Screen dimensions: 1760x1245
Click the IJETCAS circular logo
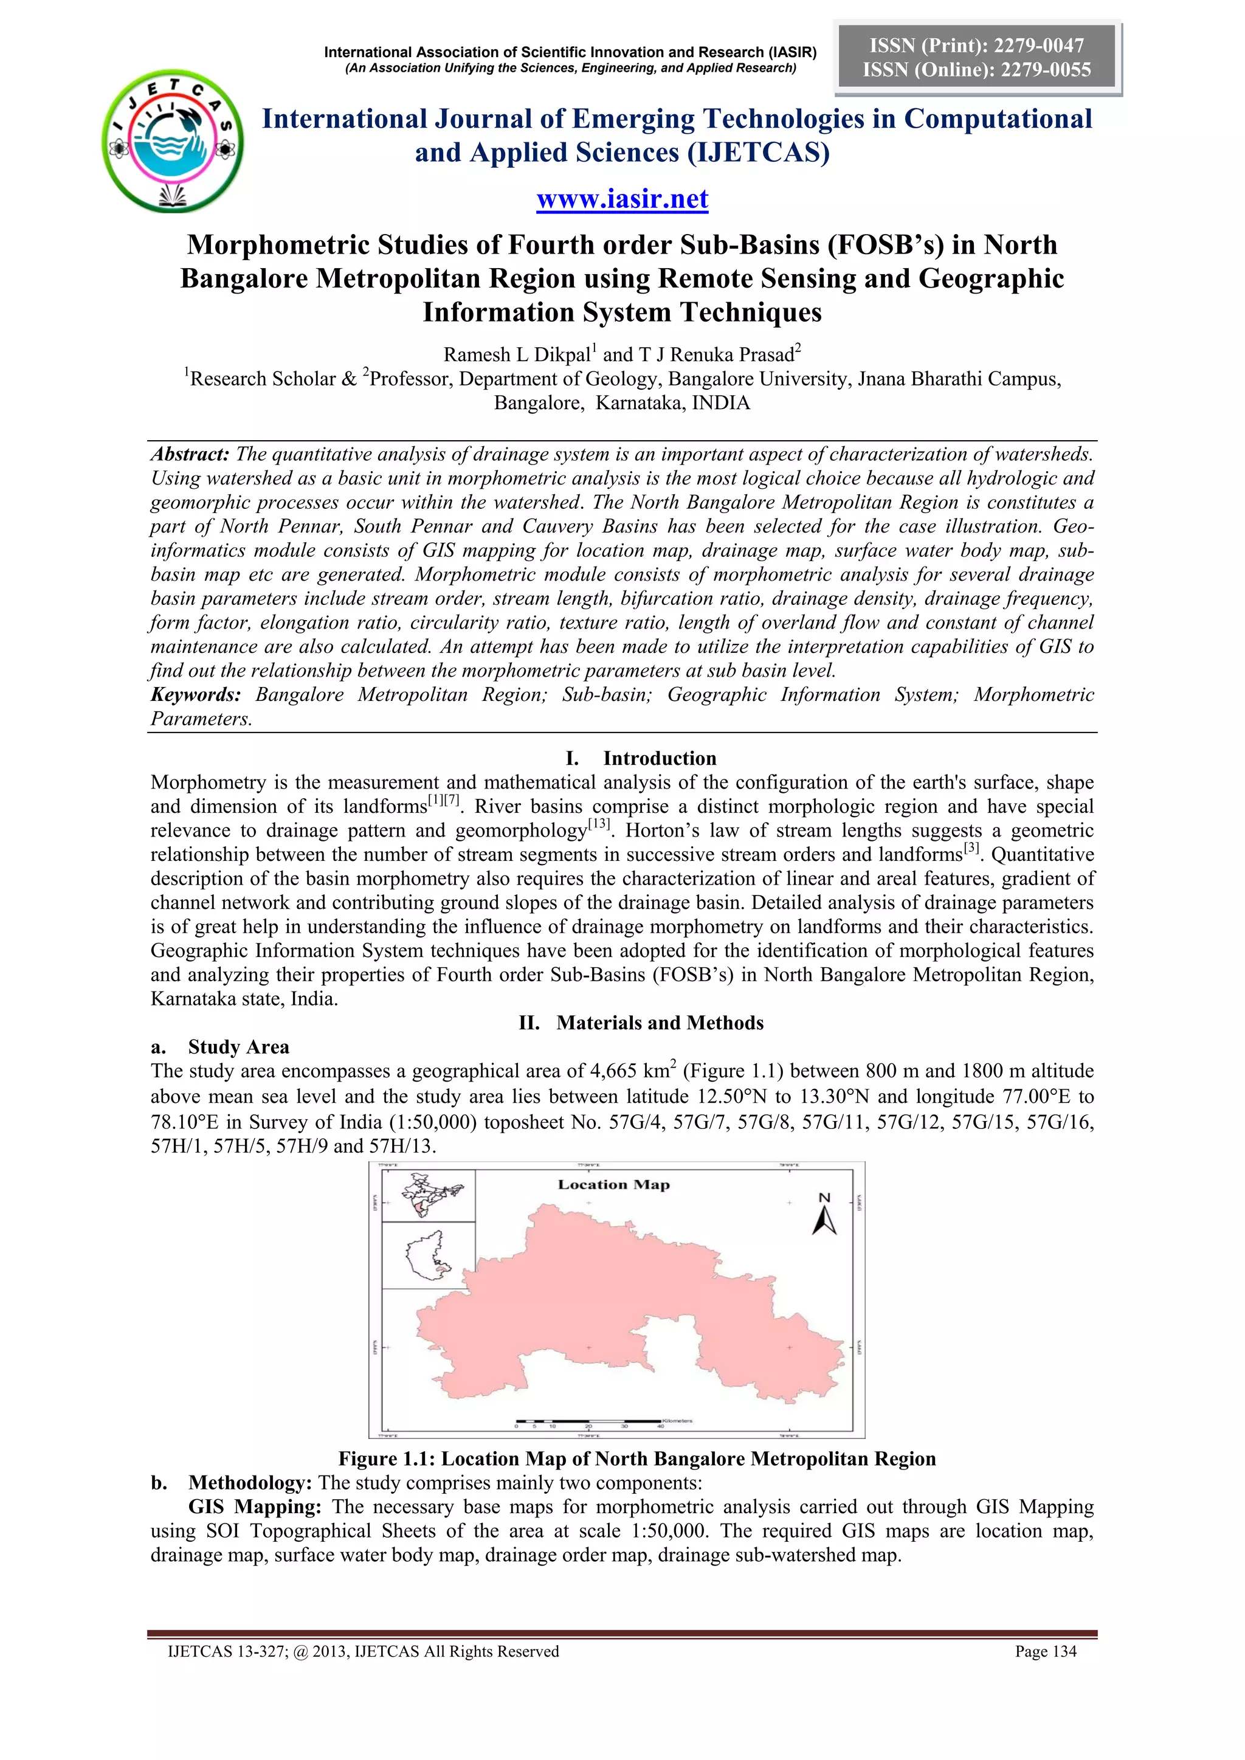coord(173,141)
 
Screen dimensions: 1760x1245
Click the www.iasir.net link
coord(622,199)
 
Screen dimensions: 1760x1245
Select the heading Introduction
coord(660,758)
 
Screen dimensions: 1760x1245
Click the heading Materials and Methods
coord(660,1023)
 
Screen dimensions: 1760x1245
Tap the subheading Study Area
coord(238,1047)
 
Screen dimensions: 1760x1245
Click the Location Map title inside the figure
coord(613,1184)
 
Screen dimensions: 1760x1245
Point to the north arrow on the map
coord(824,1216)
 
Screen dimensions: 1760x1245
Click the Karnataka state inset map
coord(429,1255)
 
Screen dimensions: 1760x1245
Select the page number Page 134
coord(1045,1652)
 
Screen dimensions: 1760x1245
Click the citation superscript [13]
coord(599,825)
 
